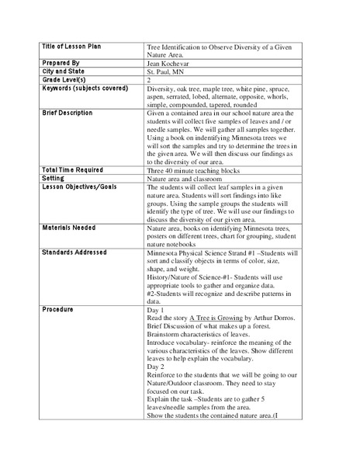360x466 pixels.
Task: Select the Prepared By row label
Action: [x=61, y=61]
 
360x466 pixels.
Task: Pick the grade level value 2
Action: [x=149, y=79]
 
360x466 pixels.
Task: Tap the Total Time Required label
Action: [x=74, y=169]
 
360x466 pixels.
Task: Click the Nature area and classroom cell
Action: [x=189, y=179]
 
